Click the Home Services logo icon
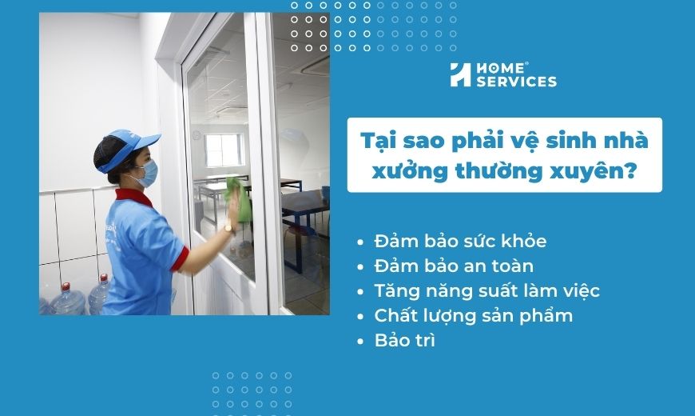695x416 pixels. click(460, 74)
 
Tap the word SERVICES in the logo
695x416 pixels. click(516, 82)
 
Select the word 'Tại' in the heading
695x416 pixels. click(378, 141)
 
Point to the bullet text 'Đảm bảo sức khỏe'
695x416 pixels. click(460, 241)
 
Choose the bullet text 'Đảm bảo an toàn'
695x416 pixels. click(454, 266)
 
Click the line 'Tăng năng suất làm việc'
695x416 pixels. click(486, 290)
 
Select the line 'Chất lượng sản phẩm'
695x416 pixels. click(474, 315)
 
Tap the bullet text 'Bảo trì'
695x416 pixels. click(405, 340)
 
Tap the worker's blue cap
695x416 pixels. click(126, 149)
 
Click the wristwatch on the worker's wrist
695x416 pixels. click(228, 229)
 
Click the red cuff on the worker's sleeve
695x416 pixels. click(181, 258)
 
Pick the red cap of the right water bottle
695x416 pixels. click(104, 278)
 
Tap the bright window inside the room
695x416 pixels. click(224, 150)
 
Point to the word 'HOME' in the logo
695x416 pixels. click(500, 68)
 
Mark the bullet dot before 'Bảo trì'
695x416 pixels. click(360, 341)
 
